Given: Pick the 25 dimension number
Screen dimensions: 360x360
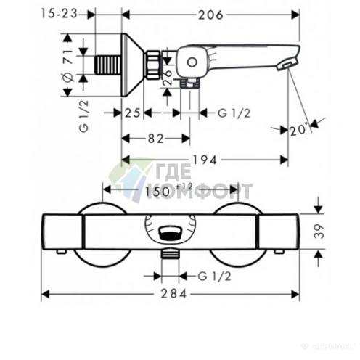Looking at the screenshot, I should pos(133,112).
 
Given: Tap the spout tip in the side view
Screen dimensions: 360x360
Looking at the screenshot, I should pos(290,65).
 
